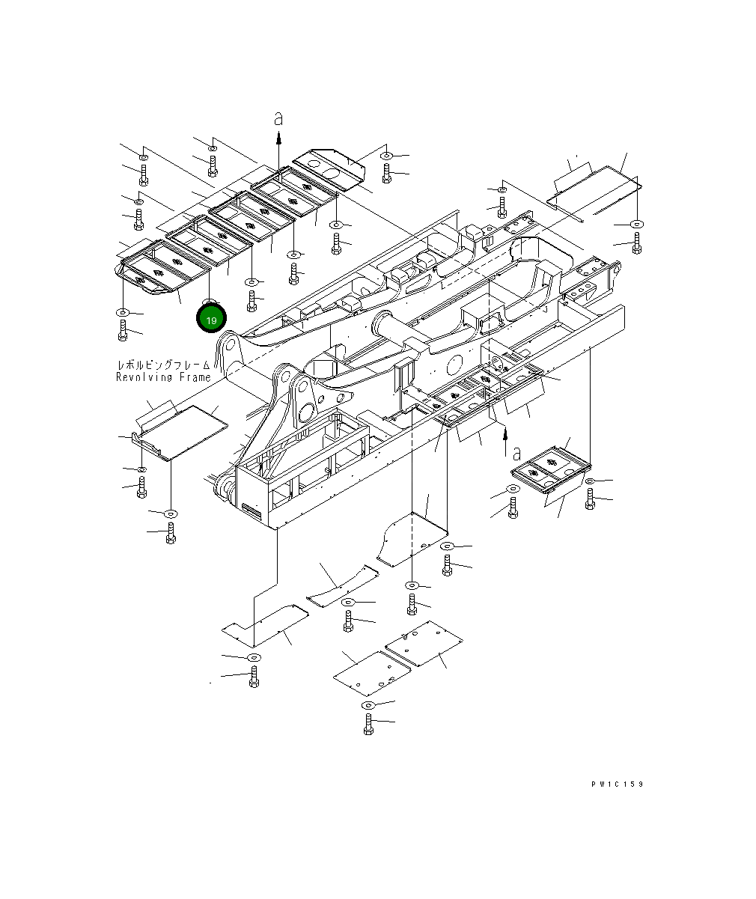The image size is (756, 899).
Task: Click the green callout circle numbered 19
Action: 211,320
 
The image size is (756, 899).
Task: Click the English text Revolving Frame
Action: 163,377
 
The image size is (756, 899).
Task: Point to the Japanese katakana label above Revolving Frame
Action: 163,365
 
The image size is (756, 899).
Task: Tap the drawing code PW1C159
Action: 616,784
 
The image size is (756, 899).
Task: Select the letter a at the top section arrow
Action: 278,118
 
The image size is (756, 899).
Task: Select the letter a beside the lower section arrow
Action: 516,452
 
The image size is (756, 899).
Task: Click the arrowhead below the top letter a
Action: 278,138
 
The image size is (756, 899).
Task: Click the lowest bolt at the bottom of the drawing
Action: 368,724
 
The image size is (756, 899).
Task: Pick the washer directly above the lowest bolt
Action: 368,705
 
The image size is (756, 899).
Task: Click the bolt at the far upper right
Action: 636,243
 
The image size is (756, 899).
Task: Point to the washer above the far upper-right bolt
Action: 636,224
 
